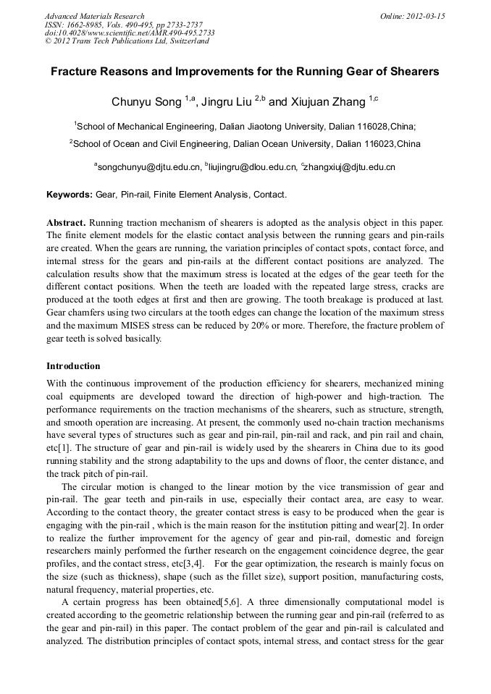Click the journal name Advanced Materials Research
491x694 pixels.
(x=94, y=16)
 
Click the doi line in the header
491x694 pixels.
(x=130, y=33)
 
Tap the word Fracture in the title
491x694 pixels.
(x=75, y=72)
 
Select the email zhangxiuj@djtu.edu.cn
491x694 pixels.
(x=351, y=167)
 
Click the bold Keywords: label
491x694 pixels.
(x=70, y=195)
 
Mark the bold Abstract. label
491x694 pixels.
(x=66, y=221)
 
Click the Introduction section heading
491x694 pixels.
(x=73, y=366)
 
